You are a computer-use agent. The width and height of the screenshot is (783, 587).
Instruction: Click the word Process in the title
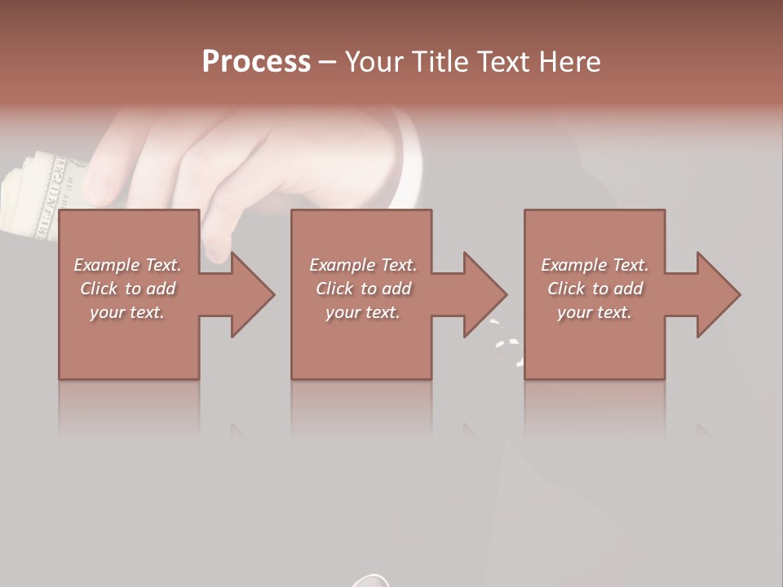coord(256,62)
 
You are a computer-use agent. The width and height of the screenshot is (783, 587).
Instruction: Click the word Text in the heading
coord(504,62)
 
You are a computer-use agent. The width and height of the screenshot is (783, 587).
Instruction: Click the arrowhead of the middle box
coord(484,294)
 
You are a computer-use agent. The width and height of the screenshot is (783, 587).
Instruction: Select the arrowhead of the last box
coord(718,294)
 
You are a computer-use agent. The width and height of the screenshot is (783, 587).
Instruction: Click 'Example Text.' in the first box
coord(127,265)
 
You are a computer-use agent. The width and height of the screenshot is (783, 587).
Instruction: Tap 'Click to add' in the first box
coord(127,289)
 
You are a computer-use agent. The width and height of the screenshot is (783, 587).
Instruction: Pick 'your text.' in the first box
coord(127,312)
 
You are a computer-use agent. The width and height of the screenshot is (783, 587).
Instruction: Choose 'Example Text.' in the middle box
coord(363,265)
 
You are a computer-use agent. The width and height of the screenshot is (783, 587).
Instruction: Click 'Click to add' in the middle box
coord(363,289)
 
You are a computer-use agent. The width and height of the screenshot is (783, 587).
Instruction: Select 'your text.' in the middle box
coord(363,312)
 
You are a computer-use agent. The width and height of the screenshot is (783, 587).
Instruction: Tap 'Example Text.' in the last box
coord(595,265)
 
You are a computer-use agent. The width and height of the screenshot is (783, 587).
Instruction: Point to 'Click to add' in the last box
coord(595,289)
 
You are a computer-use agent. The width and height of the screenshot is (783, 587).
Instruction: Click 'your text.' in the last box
coord(595,312)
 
